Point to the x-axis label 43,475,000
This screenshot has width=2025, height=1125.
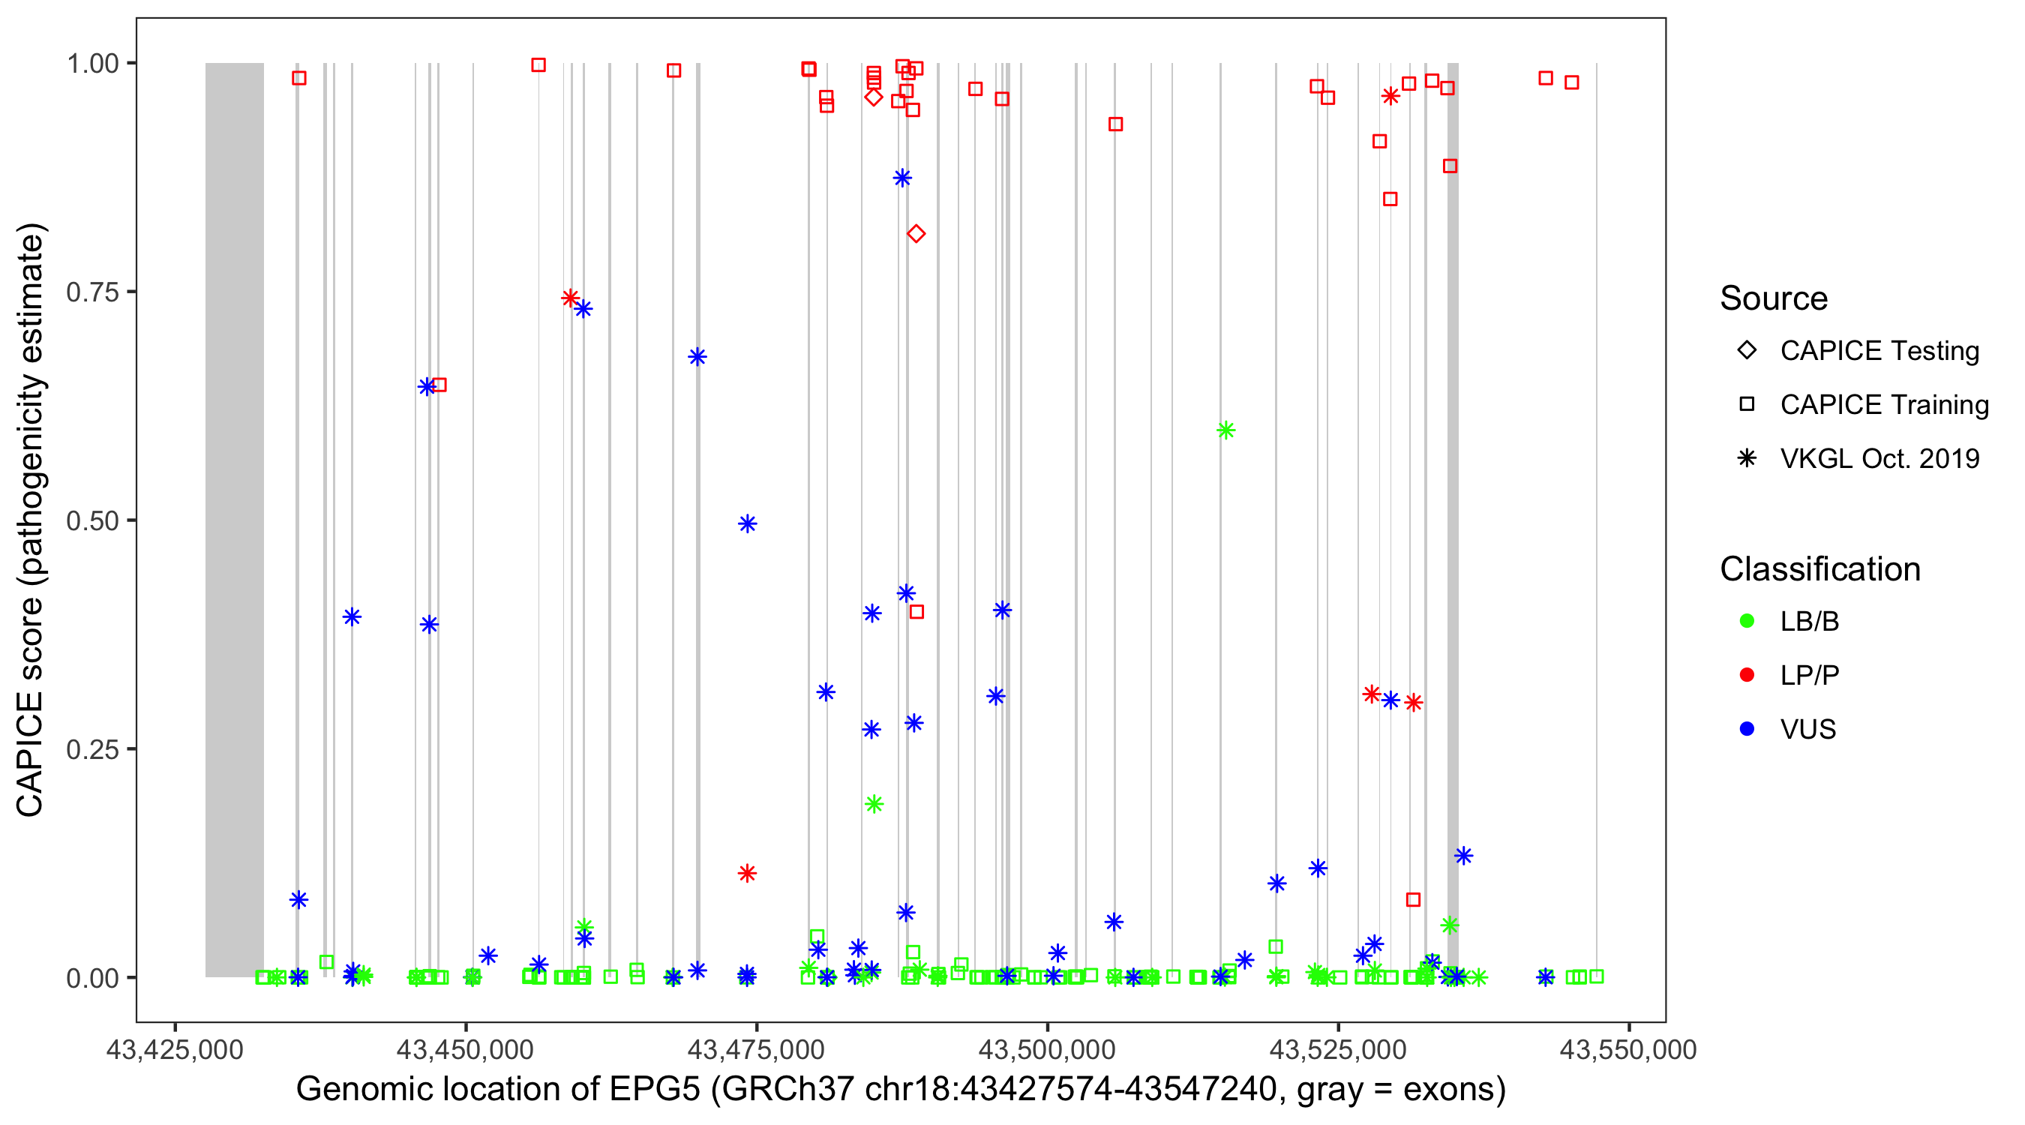(x=756, y=1049)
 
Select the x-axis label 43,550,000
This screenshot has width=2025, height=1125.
(x=1628, y=1049)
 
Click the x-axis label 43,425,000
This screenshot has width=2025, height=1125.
(x=175, y=1049)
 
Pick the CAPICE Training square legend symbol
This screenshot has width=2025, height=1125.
(x=1747, y=405)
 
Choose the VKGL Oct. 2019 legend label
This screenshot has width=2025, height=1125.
(x=1879, y=459)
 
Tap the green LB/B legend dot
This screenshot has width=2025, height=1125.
(x=1747, y=621)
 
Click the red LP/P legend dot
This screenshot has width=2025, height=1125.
(x=1747, y=675)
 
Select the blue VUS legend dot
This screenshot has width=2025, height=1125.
(x=1747, y=730)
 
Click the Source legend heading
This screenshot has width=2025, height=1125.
(x=1774, y=298)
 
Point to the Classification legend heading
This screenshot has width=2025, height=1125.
(x=1819, y=569)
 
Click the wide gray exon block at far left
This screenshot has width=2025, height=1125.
(x=234, y=519)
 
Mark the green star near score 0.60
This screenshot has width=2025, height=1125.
(x=1225, y=430)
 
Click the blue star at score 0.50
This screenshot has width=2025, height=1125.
(x=747, y=523)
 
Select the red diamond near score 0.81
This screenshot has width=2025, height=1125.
(x=916, y=234)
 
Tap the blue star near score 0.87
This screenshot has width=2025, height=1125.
(x=902, y=178)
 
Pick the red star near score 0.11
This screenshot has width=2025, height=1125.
(x=747, y=874)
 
